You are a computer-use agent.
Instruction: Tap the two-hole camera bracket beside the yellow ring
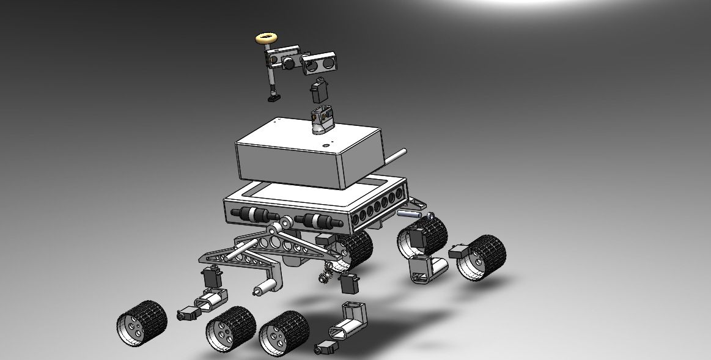[x=321, y=61]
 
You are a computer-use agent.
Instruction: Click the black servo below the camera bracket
[x=317, y=91]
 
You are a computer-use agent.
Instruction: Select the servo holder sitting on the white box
[x=321, y=119]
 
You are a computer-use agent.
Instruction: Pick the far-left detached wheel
[x=141, y=322]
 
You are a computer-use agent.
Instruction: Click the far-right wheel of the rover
[x=483, y=257]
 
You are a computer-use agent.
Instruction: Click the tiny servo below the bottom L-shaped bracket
[x=325, y=349]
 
